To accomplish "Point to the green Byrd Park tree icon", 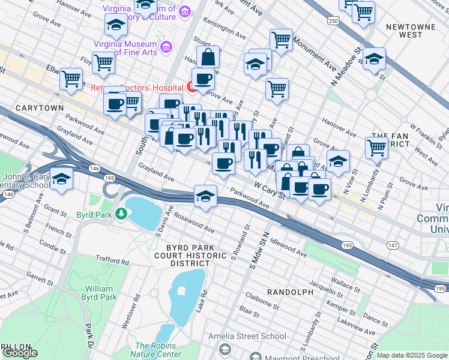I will point(121,214).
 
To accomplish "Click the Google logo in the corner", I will point(20,352).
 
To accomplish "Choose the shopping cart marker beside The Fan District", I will point(376,146).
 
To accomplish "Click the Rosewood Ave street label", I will point(195,225).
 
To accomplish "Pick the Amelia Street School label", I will point(248,336).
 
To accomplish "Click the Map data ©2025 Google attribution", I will point(412,355).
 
